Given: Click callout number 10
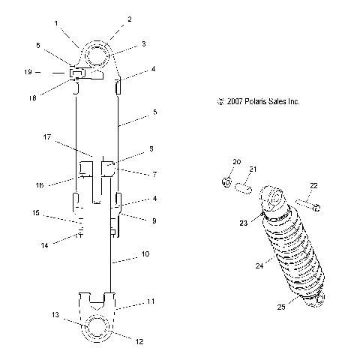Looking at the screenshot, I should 144,254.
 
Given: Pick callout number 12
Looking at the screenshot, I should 139,342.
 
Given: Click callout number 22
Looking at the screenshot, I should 313,185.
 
